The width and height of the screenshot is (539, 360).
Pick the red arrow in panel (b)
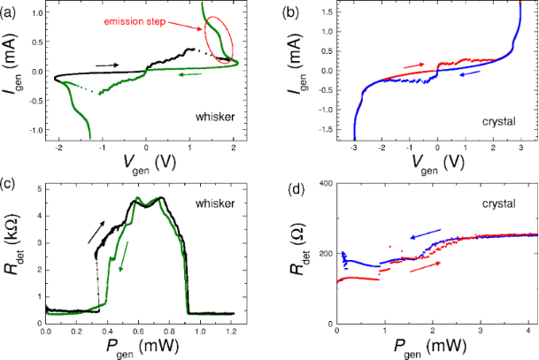click(414, 64)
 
